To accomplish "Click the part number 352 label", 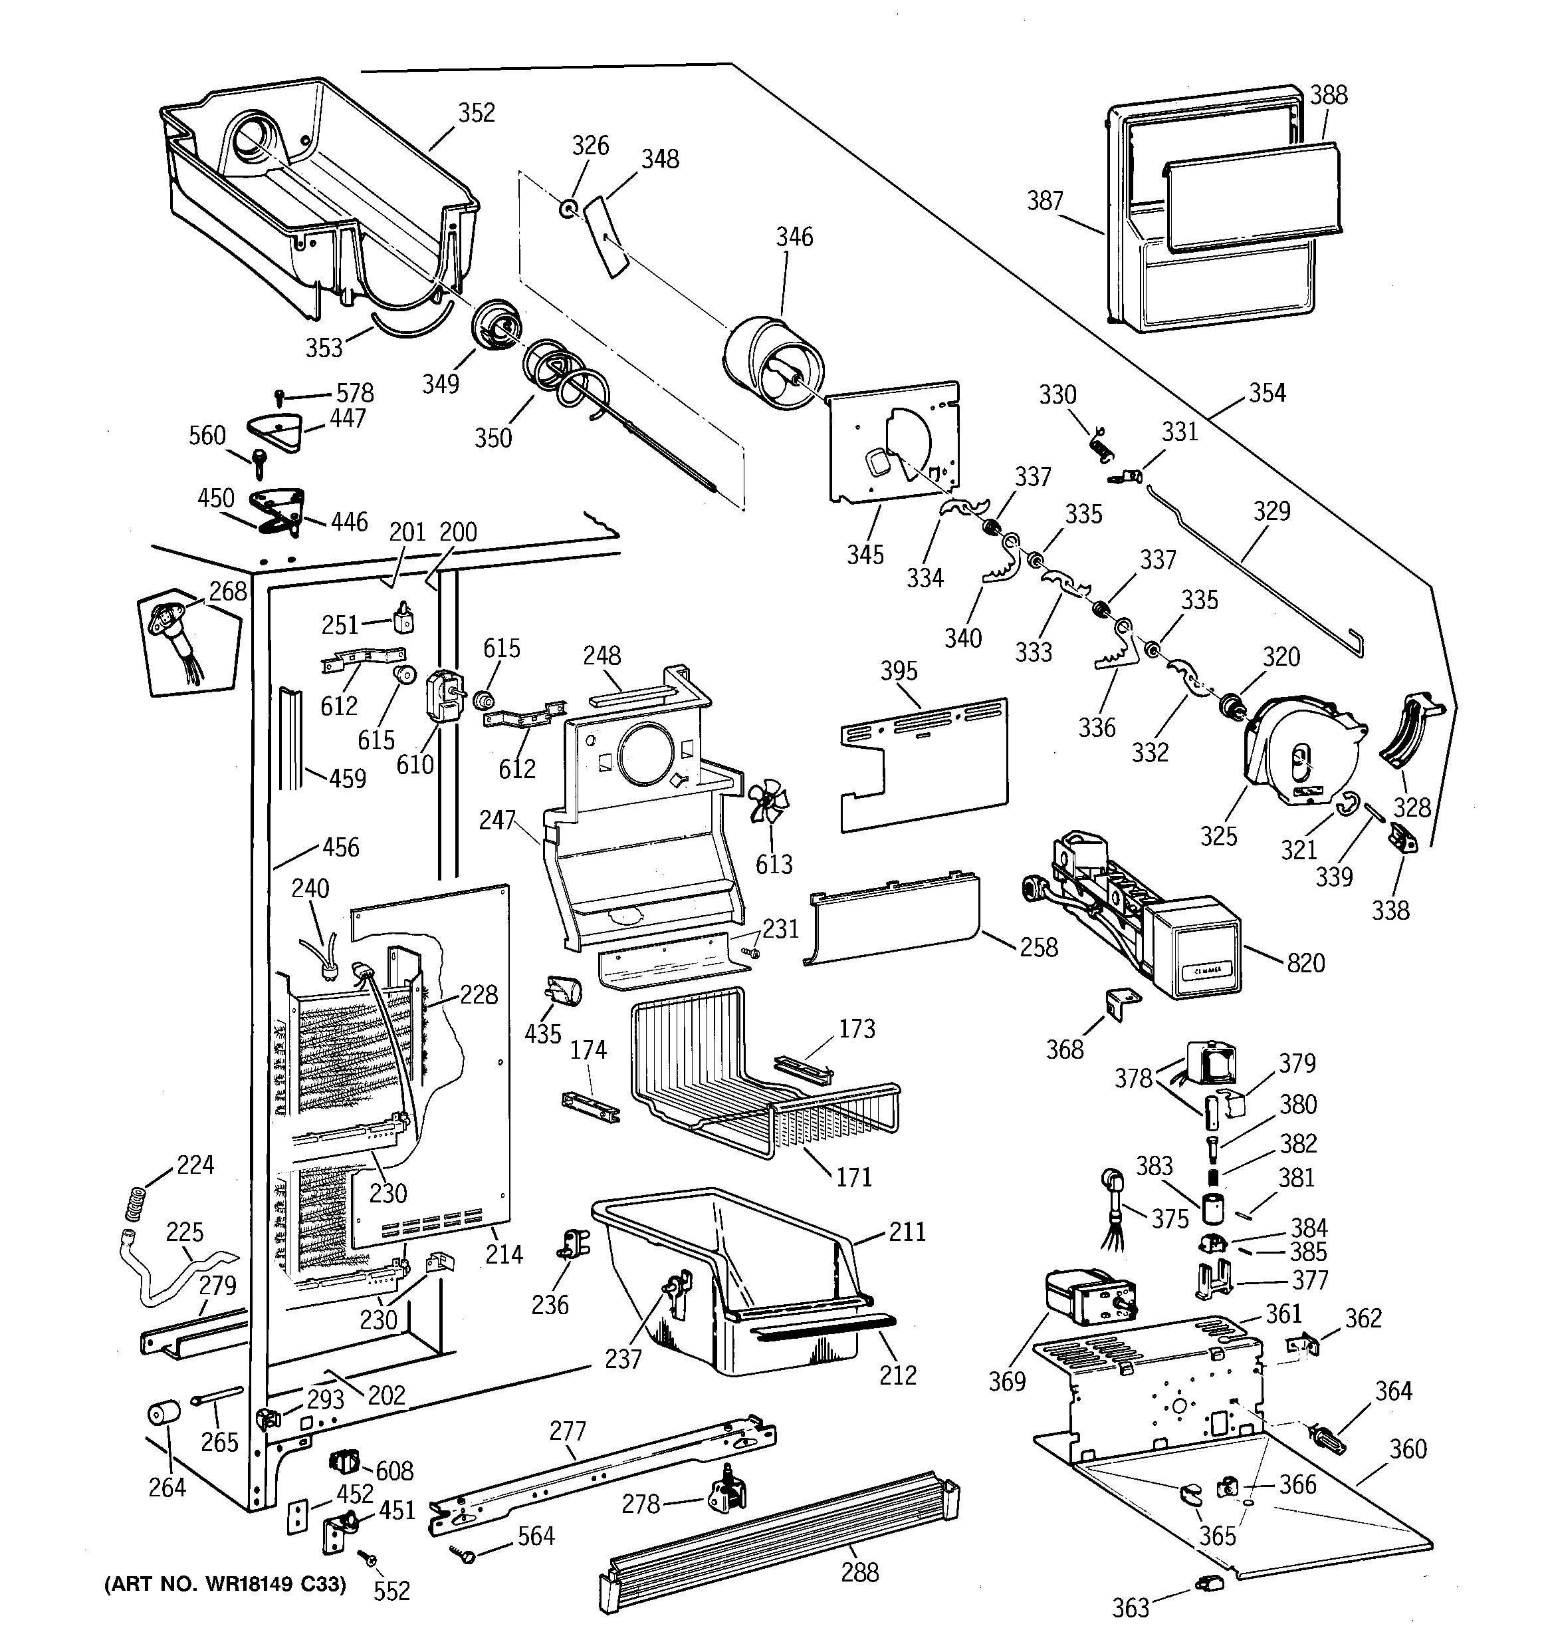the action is point(477,112).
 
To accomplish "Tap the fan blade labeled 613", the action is point(768,800).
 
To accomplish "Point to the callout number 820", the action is point(1305,962).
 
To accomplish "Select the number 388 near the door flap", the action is point(1329,94).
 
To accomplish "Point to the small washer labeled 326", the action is point(568,207).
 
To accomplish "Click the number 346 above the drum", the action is point(794,237).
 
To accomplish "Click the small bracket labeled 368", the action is point(1123,1004).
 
